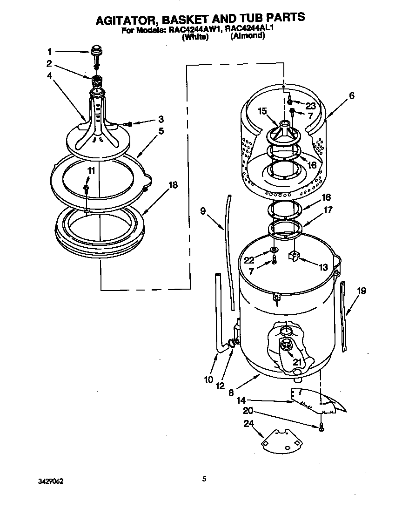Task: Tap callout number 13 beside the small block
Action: pyautogui.click(x=323, y=267)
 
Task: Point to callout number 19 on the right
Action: pyautogui.click(x=362, y=291)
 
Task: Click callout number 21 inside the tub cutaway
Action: pyautogui.click(x=297, y=361)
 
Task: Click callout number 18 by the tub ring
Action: pyautogui.click(x=173, y=185)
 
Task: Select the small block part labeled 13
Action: pyautogui.click(x=294, y=256)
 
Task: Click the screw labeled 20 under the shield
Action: pyautogui.click(x=322, y=426)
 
